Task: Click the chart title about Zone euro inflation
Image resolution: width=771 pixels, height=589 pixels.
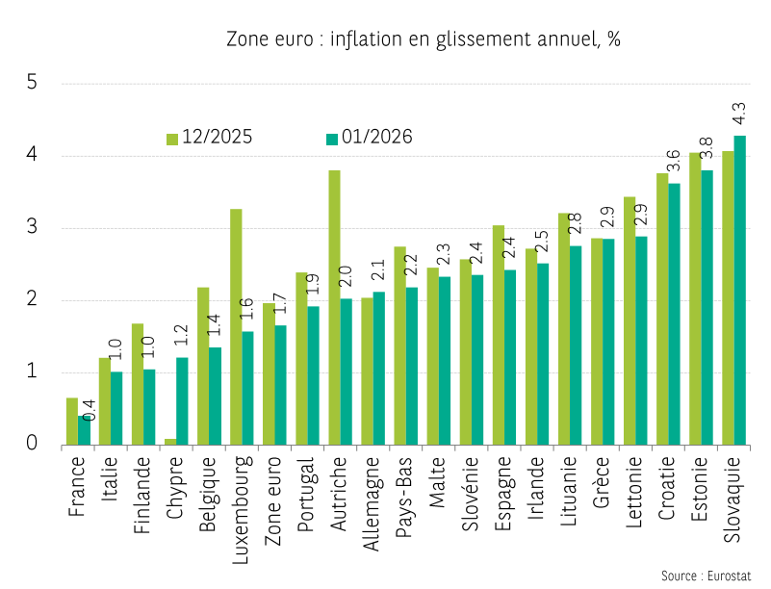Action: point(424,39)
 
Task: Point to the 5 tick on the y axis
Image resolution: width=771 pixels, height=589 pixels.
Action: point(32,83)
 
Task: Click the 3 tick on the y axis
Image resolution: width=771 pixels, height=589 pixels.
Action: point(32,228)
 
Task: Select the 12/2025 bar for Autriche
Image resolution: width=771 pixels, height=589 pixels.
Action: point(334,308)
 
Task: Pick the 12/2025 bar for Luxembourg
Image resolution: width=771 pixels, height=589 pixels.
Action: point(236,327)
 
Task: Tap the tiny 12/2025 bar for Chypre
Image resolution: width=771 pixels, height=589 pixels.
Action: point(170,442)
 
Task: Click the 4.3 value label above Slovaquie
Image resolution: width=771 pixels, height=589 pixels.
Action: point(739,114)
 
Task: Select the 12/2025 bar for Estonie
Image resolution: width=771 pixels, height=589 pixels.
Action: point(694,298)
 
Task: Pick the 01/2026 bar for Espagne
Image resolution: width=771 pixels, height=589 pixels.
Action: point(510,357)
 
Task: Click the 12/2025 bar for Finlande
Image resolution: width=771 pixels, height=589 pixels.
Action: point(138,384)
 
